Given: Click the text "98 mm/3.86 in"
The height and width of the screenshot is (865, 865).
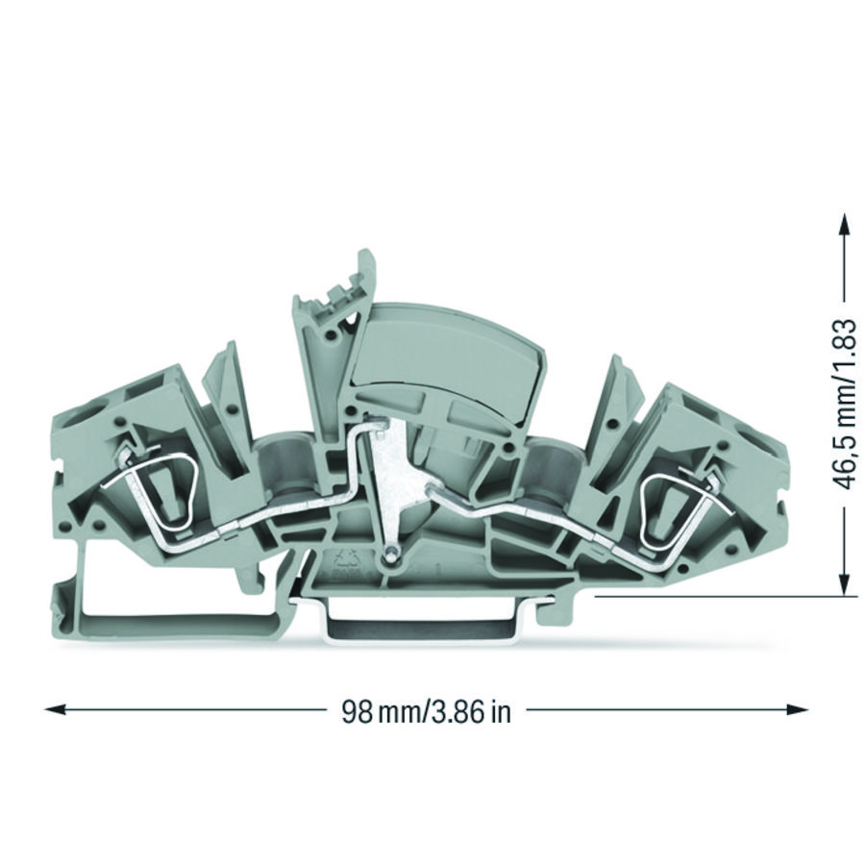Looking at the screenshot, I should tap(426, 711).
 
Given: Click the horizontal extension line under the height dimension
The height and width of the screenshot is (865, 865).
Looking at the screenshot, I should tap(721, 596).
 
